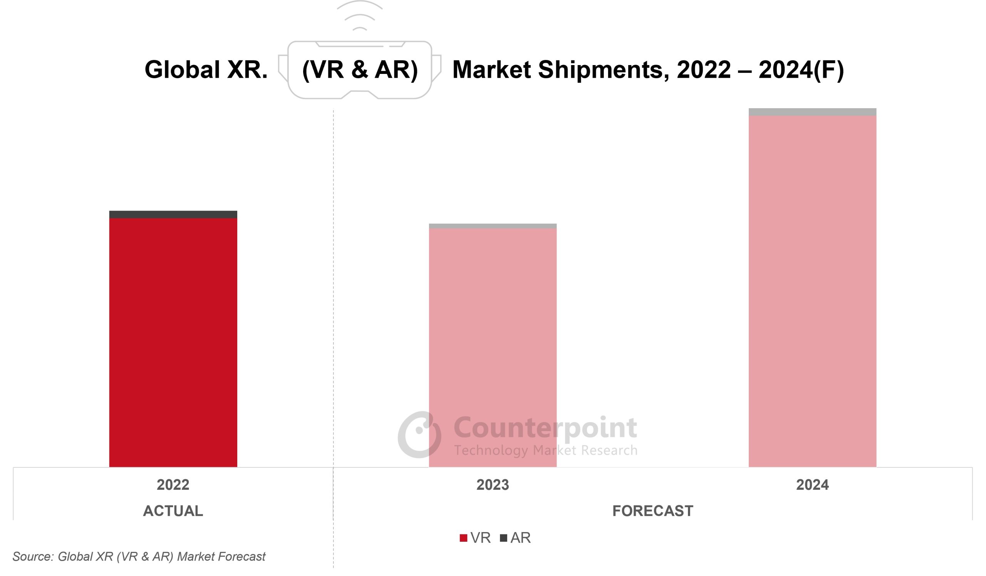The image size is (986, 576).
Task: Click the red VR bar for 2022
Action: [173, 342]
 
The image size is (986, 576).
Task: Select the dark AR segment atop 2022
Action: [173, 214]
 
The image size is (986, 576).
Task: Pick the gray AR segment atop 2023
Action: [493, 226]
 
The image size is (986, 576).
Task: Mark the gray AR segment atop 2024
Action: [812, 112]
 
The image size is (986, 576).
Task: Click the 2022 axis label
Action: [173, 485]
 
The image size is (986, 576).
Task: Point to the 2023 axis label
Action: [493, 485]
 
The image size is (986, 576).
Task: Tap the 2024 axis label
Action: [812, 485]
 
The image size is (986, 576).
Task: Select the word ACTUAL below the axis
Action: [173, 511]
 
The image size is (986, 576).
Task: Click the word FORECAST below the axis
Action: [652, 511]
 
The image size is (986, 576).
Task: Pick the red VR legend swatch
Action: [463, 538]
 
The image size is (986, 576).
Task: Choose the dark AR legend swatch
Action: [503, 538]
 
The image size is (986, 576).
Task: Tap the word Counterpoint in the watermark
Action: [545, 428]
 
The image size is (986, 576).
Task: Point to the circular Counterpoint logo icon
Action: [419, 434]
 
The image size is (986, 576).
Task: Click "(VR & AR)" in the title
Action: [360, 70]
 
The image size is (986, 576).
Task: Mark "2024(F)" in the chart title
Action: [801, 70]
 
